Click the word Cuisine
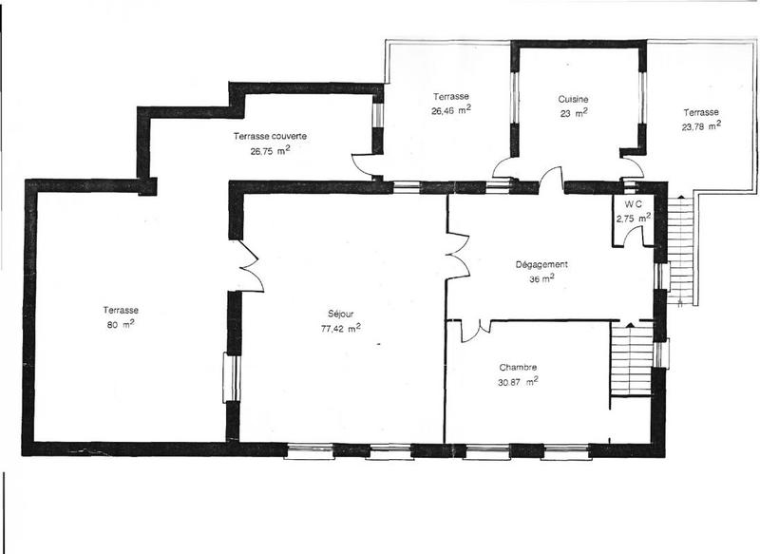[573, 99]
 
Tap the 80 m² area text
[122, 323]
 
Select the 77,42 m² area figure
[340, 329]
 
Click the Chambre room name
[518, 367]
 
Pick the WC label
[634, 204]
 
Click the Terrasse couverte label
[270, 137]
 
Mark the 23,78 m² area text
[700, 125]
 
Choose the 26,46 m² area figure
[451, 109]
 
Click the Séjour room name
[340, 315]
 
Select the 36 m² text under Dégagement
[541, 279]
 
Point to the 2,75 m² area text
[634, 218]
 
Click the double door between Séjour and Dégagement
[459, 255]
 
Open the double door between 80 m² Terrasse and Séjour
[247, 265]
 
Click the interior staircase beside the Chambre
[630, 362]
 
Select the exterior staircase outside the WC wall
[680, 247]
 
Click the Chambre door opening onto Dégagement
[474, 329]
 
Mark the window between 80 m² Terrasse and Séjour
[231, 377]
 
